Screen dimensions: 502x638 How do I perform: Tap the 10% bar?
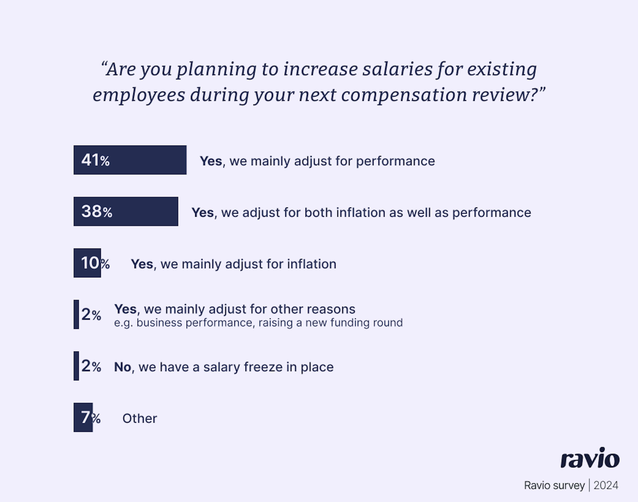coord(87,263)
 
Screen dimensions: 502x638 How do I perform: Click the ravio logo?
coord(590,458)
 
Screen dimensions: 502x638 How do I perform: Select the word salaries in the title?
coord(397,69)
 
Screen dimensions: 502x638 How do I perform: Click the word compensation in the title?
coord(404,95)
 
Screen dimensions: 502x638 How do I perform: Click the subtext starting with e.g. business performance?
coord(258,323)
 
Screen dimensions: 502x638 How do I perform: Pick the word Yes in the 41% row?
coord(211,161)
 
